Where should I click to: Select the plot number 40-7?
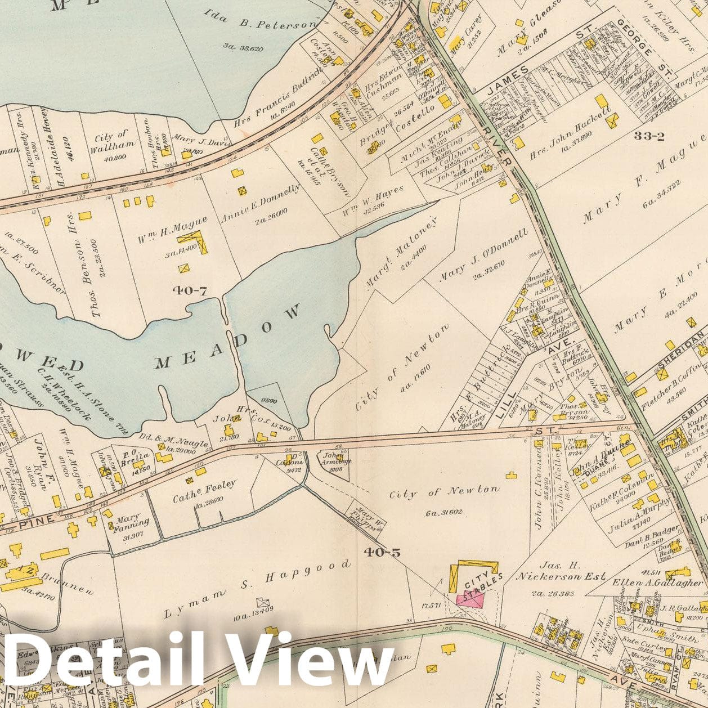(190, 290)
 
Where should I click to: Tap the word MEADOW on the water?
(229, 337)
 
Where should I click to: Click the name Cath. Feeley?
(205, 487)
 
